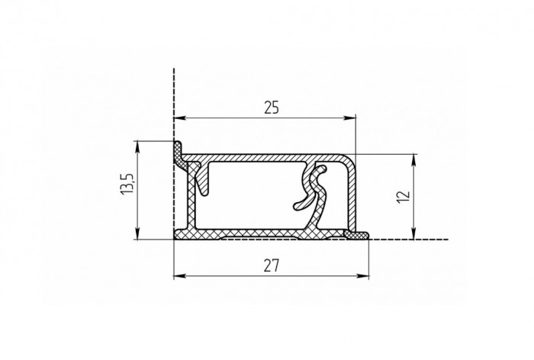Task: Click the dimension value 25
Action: click(x=272, y=108)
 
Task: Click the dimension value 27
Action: click(x=272, y=265)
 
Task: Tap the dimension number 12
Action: click(x=404, y=197)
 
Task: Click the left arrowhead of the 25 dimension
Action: click(x=179, y=118)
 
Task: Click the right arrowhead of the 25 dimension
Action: click(x=349, y=118)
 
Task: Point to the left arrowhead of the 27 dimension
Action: click(x=179, y=275)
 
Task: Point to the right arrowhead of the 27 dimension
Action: click(x=362, y=275)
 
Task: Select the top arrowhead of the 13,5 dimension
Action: click(x=137, y=146)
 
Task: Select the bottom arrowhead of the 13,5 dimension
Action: click(x=137, y=233)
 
